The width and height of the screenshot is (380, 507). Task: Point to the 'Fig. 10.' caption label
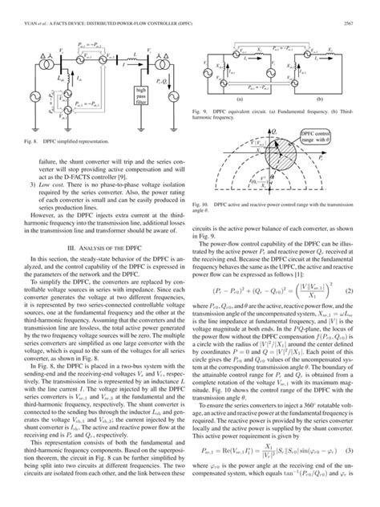[x=203, y=206]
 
